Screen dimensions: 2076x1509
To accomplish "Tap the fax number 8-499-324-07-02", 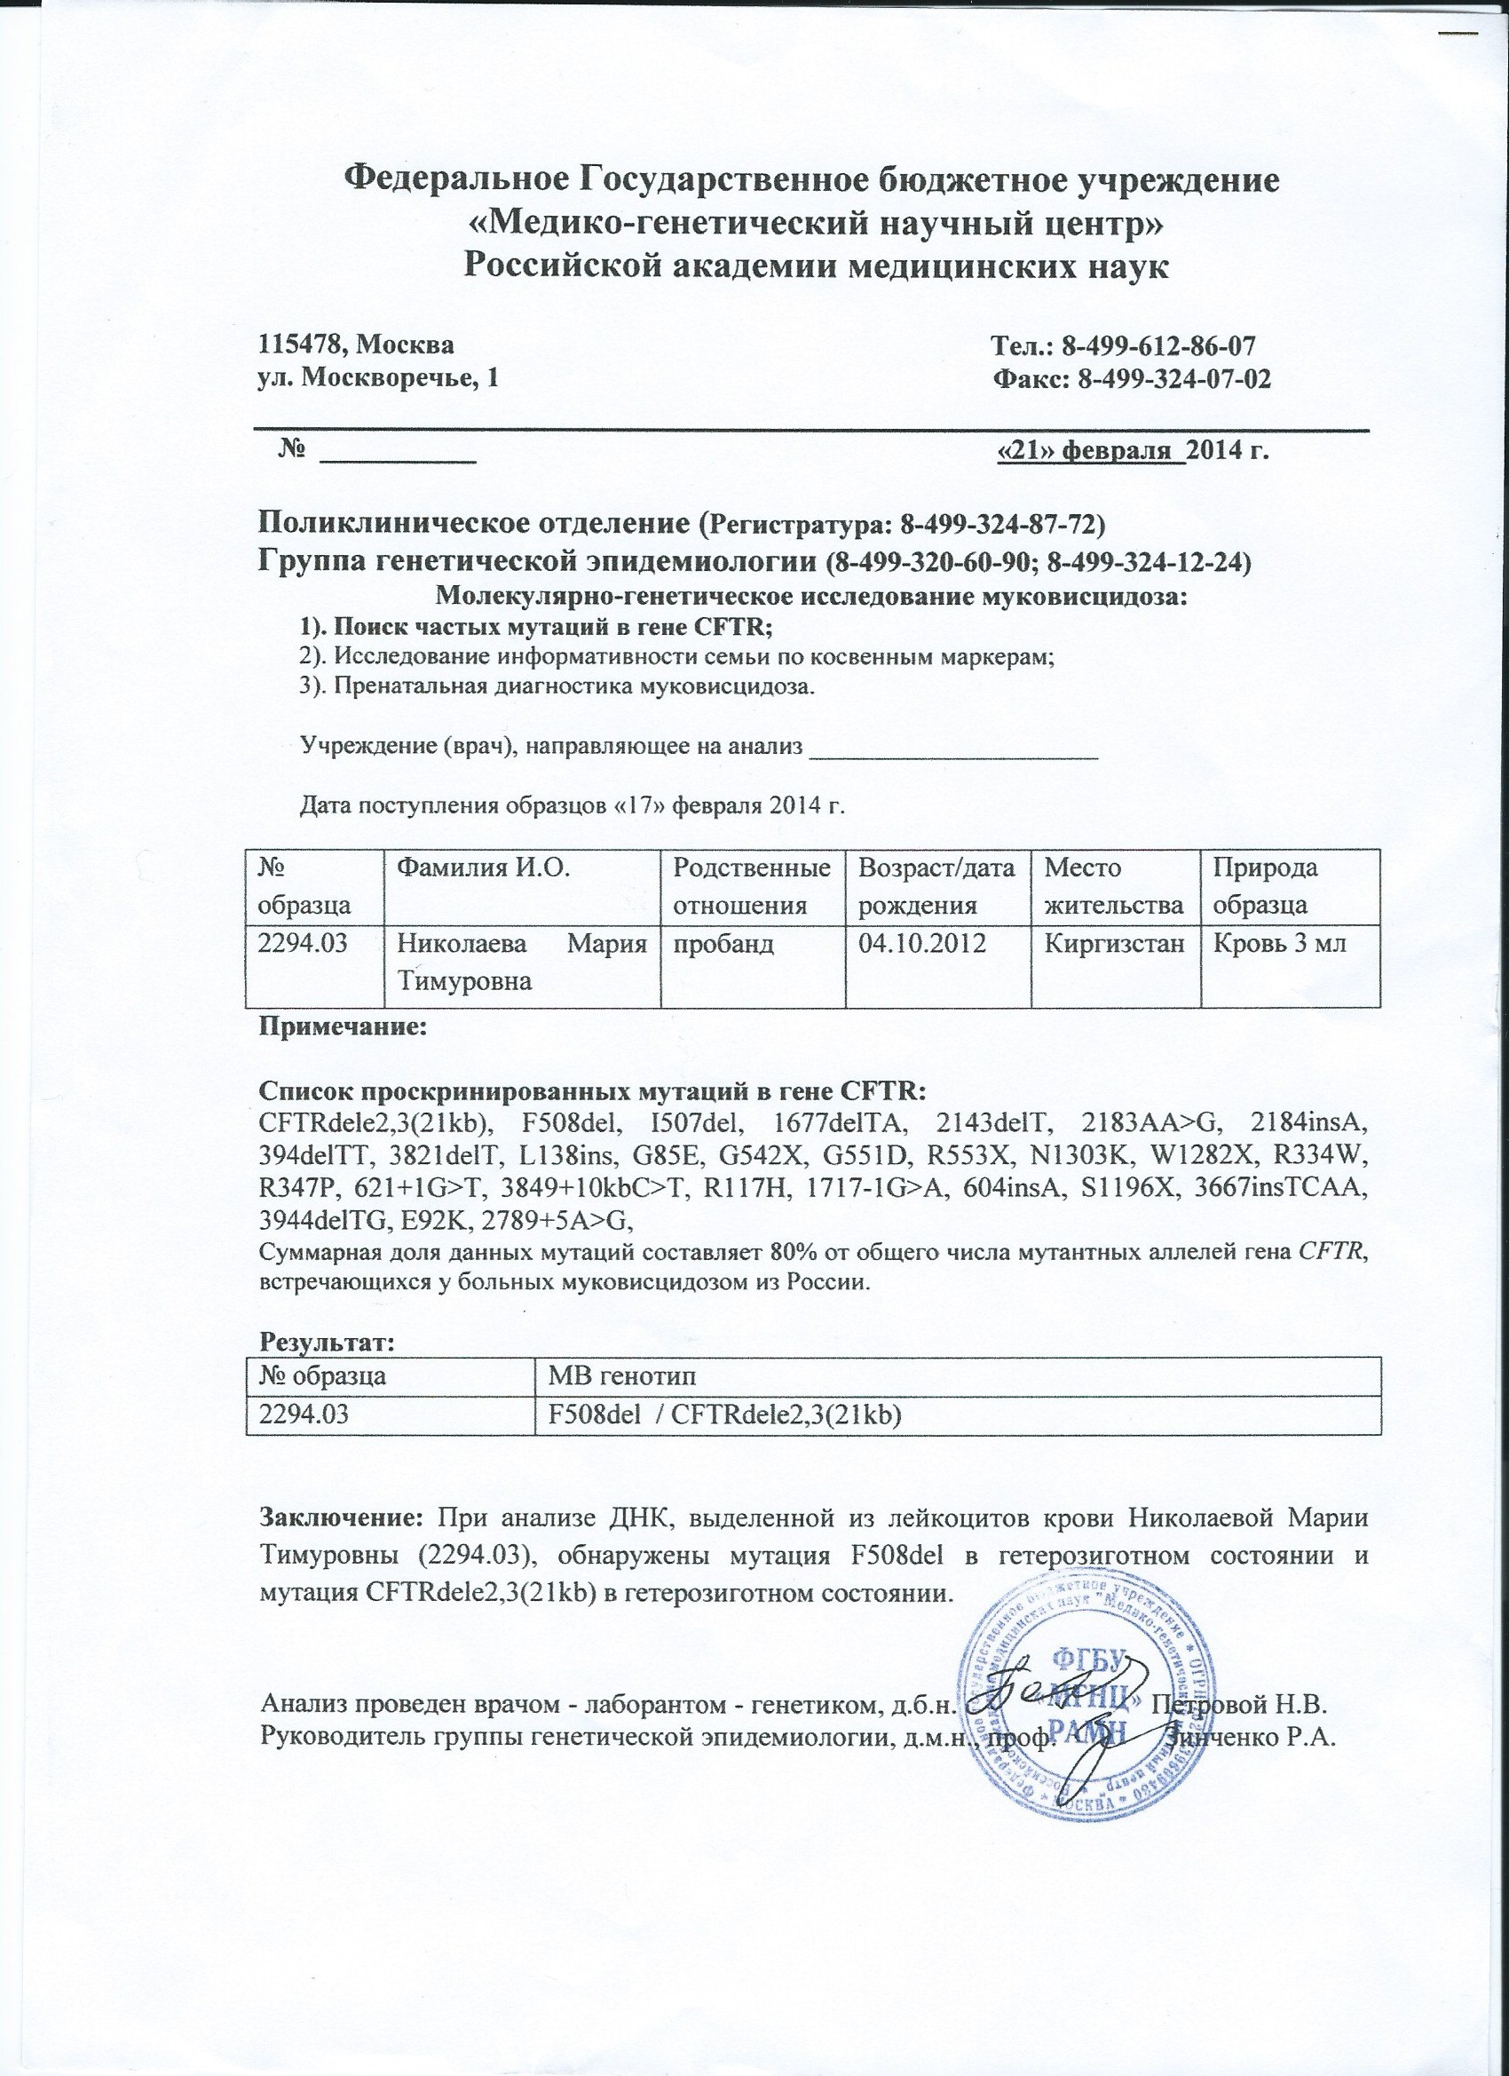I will tap(1175, 379).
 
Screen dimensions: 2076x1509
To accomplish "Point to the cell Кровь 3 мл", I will tap(1278, 943).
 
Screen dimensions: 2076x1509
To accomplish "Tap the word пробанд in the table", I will tap(723, 943).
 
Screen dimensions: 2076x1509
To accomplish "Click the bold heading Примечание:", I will tap(344, 1027).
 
